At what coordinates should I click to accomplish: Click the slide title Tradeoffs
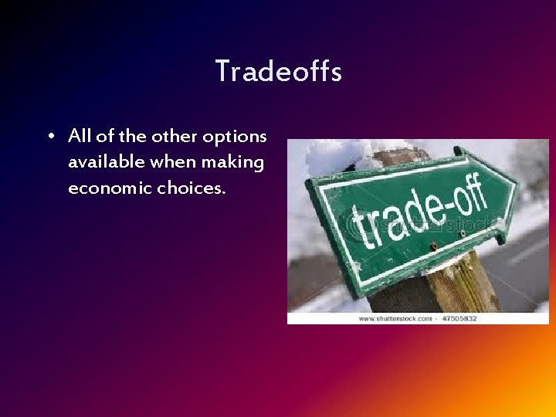(278, 72)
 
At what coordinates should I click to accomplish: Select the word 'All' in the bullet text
(80, 137)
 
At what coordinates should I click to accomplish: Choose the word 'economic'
(109, 188)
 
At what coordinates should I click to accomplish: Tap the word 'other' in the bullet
(174, 137)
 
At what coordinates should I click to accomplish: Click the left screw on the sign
(433, 246)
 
